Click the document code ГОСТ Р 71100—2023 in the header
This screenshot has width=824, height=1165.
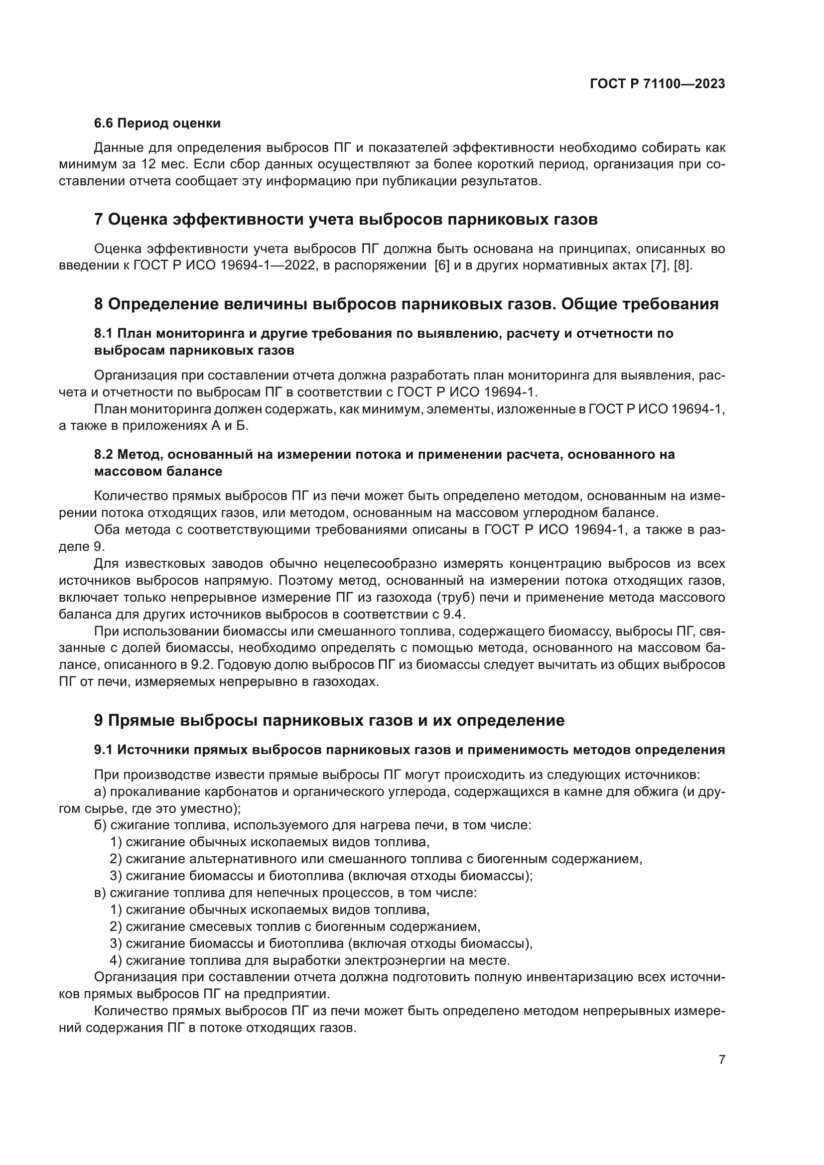[658, 84]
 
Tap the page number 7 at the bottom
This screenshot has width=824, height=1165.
[722, 1059]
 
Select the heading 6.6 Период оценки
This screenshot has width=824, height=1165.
[157, 124]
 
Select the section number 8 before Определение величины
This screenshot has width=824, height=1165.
[99, 304]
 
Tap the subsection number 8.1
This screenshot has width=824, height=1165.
[104, 333]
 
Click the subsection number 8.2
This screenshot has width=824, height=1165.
[104, 454]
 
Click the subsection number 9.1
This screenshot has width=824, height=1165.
[104, 750]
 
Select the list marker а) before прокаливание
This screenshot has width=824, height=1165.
[100, 792]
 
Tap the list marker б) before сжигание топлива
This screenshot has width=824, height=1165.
[100, 825]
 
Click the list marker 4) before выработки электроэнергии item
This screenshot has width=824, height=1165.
[116, 960]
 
